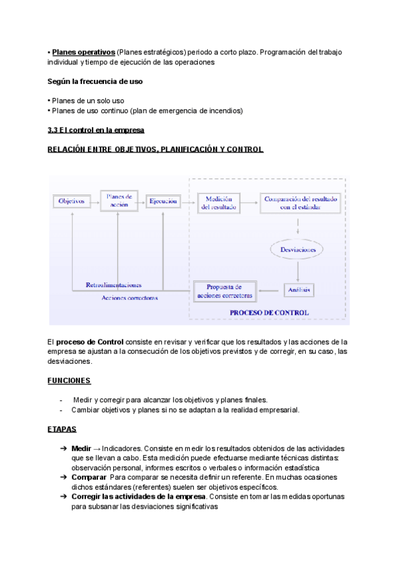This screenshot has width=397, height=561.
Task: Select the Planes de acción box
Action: pyautogui.click(x=119, y=200)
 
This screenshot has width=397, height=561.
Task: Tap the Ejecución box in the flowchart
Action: pyautogui.click(x=163, y=201)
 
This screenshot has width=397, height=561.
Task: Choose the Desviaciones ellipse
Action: pyautogui.click(x=297, y=249)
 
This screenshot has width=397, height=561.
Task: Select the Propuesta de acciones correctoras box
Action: pyautogui.click(x=224, y=290)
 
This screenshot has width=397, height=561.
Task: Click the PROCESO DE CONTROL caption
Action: pyautogui.click(x=269, y=312)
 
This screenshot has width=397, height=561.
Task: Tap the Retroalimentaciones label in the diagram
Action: pyautogui.click(x=114, y=285)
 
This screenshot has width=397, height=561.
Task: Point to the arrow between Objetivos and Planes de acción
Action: pyautogui.click(x=95, y=201)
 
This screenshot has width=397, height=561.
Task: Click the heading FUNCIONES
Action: pyautogui.click(x=69, y=381)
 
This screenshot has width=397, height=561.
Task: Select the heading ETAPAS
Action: pyautogui.click(x=62, y=429)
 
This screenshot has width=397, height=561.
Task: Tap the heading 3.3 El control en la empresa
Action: pyautogui.click(x=96, y=130)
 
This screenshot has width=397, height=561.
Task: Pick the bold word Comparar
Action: pyautogui.click(x=89, y=477)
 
